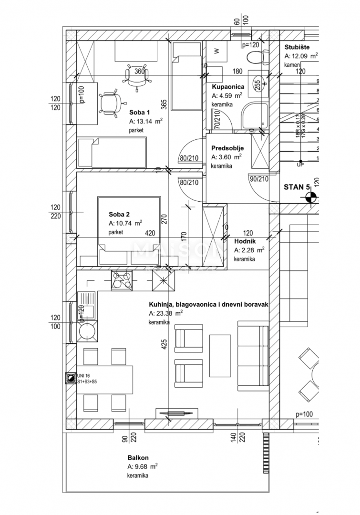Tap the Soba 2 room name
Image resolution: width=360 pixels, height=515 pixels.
pos(119,214)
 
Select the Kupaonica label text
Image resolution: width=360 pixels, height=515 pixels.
pos(228,87)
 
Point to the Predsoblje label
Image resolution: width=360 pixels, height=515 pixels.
pos(227,148)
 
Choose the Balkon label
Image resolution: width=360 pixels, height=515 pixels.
pos(136,458)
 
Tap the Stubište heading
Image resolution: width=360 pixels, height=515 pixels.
pos(297,47)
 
